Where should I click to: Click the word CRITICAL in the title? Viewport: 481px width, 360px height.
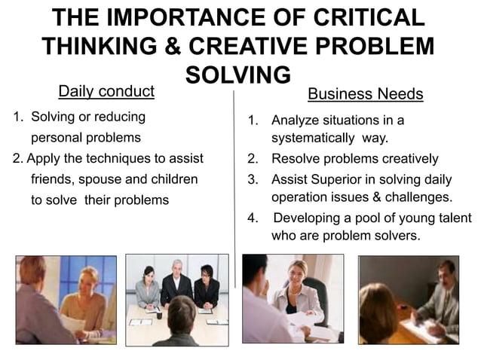coord(351,17)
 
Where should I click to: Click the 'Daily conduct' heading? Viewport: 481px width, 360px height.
coord(106,92)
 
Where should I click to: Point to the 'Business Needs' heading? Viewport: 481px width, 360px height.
coord(366,95)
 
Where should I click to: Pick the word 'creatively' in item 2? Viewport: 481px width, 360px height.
coord(408,159)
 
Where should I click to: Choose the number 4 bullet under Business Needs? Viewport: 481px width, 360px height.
coord(252,218)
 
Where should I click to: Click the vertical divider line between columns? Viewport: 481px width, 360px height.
coord(234,188)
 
